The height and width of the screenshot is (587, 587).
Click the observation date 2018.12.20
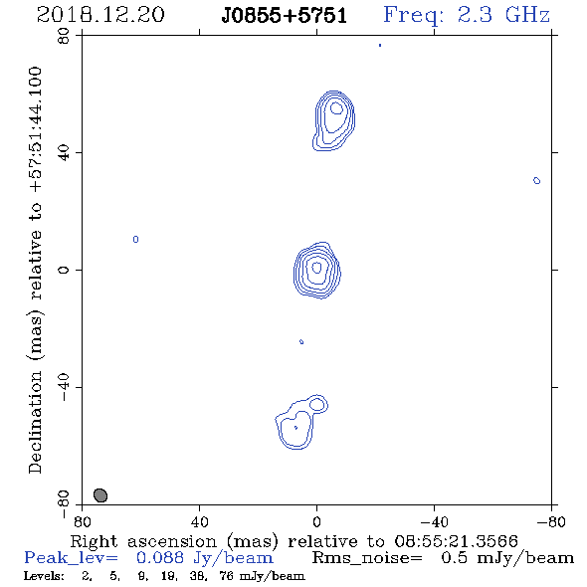click(x=100, y=15)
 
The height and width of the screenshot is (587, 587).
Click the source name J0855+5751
click(x=284, y=16)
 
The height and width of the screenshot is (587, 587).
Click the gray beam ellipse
click(x=100, y=495)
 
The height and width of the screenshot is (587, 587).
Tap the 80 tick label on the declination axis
click(x=65, y=36)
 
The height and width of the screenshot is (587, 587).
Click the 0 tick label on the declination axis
click(x=64, y=270)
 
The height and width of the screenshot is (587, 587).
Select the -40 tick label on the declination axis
click(x=64, y=387)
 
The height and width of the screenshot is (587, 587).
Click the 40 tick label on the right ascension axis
click(x=199, y=522)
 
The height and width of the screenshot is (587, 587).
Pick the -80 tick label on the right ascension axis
click(x=551, y=522)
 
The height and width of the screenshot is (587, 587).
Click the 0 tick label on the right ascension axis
click(x=316, y=522)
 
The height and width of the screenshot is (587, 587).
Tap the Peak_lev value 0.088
click(x=160, y=558)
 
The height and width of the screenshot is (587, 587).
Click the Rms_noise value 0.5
click(x=454, y=558)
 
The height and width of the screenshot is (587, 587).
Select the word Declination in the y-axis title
click(x=35, y=422)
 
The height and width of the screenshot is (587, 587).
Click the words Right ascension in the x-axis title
click(x=143, y=541)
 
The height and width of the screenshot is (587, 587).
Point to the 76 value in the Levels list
click(x=227, y=576)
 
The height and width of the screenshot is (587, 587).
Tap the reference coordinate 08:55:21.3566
click(x=456, y=541)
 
